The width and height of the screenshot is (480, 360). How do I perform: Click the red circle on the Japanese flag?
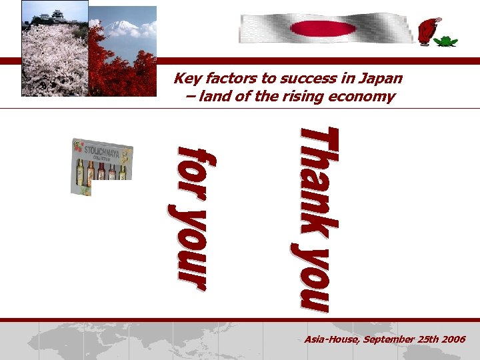click(x=324, y=28)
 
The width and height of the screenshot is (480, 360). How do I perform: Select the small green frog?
click(x=445, y=41)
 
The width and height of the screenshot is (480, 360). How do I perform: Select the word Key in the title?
click(x=186, y=79)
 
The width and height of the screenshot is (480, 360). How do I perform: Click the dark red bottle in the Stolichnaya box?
click(x=101, y=171)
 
